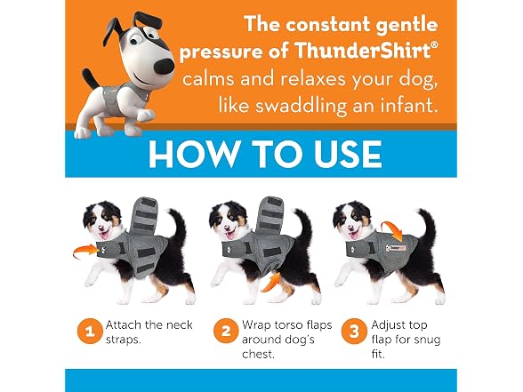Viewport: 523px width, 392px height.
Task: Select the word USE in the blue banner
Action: pos(349,154)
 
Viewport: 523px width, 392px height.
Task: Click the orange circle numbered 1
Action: pos(90,332)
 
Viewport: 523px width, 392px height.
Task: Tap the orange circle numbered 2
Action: pos(226,332)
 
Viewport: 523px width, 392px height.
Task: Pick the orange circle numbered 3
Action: pos(354,332)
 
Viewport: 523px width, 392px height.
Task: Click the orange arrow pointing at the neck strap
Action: pos(86,250)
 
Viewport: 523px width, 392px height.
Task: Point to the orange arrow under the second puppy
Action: pos(271,282)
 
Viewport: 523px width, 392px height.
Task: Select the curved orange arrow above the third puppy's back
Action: pos(391,229)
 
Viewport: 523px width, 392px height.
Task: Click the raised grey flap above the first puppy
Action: pos(142,216)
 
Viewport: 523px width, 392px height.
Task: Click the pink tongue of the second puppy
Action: pos(230,235)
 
